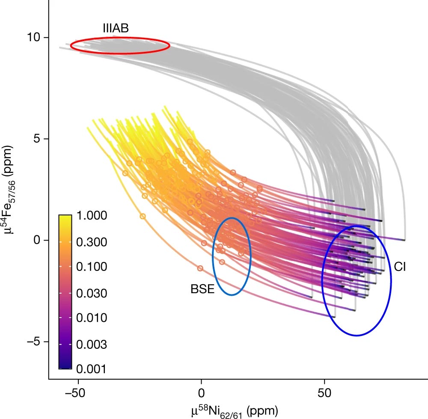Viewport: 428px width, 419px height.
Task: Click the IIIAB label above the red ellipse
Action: point(116,29)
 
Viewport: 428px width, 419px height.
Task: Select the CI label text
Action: point(400,267)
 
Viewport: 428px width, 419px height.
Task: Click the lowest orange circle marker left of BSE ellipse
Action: point(200,268)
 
